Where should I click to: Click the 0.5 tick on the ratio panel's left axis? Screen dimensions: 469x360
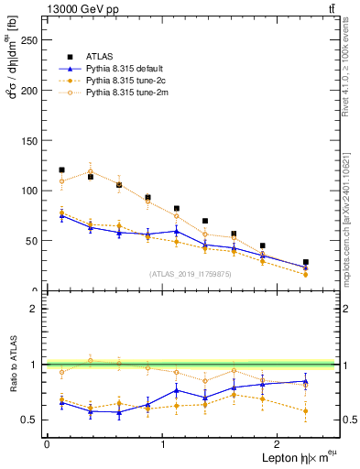(30, 420)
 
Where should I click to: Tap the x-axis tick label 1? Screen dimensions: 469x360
(163, 443)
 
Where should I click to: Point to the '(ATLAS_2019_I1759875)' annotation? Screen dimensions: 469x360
(190, 274)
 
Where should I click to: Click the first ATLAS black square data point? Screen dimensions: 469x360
(61, 169)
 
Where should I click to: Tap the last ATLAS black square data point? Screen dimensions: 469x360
(306, 262)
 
